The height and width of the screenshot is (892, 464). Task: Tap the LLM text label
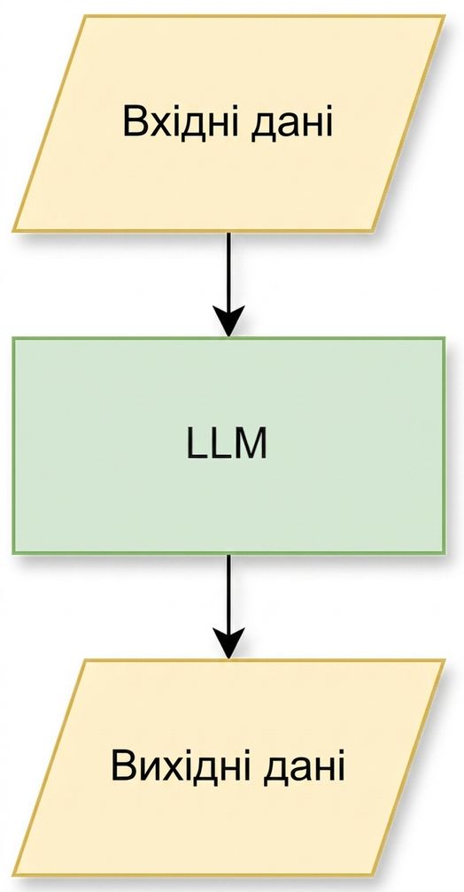tap(227, 444)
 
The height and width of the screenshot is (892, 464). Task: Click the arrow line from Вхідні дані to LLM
tap(228, 284)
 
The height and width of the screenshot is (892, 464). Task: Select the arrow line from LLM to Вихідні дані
tap(228, 606)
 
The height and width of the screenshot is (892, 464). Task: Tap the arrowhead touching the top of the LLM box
tap(228, 321)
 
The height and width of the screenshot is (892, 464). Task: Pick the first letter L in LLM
tap(197, 444)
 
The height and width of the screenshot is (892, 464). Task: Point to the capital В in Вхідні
tap(135, 121)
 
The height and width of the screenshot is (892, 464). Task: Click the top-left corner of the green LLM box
tap(13, 338)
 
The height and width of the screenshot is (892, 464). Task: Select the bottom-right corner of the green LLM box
tap(444, 553)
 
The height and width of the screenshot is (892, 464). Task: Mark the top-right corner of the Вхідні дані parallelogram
tap(444, 16)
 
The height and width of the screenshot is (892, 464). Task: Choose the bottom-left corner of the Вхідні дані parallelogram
tap(13, 231)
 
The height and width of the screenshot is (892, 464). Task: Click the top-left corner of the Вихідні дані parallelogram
tap(85, 660)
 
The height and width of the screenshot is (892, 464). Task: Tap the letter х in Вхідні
tap(161, 126)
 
